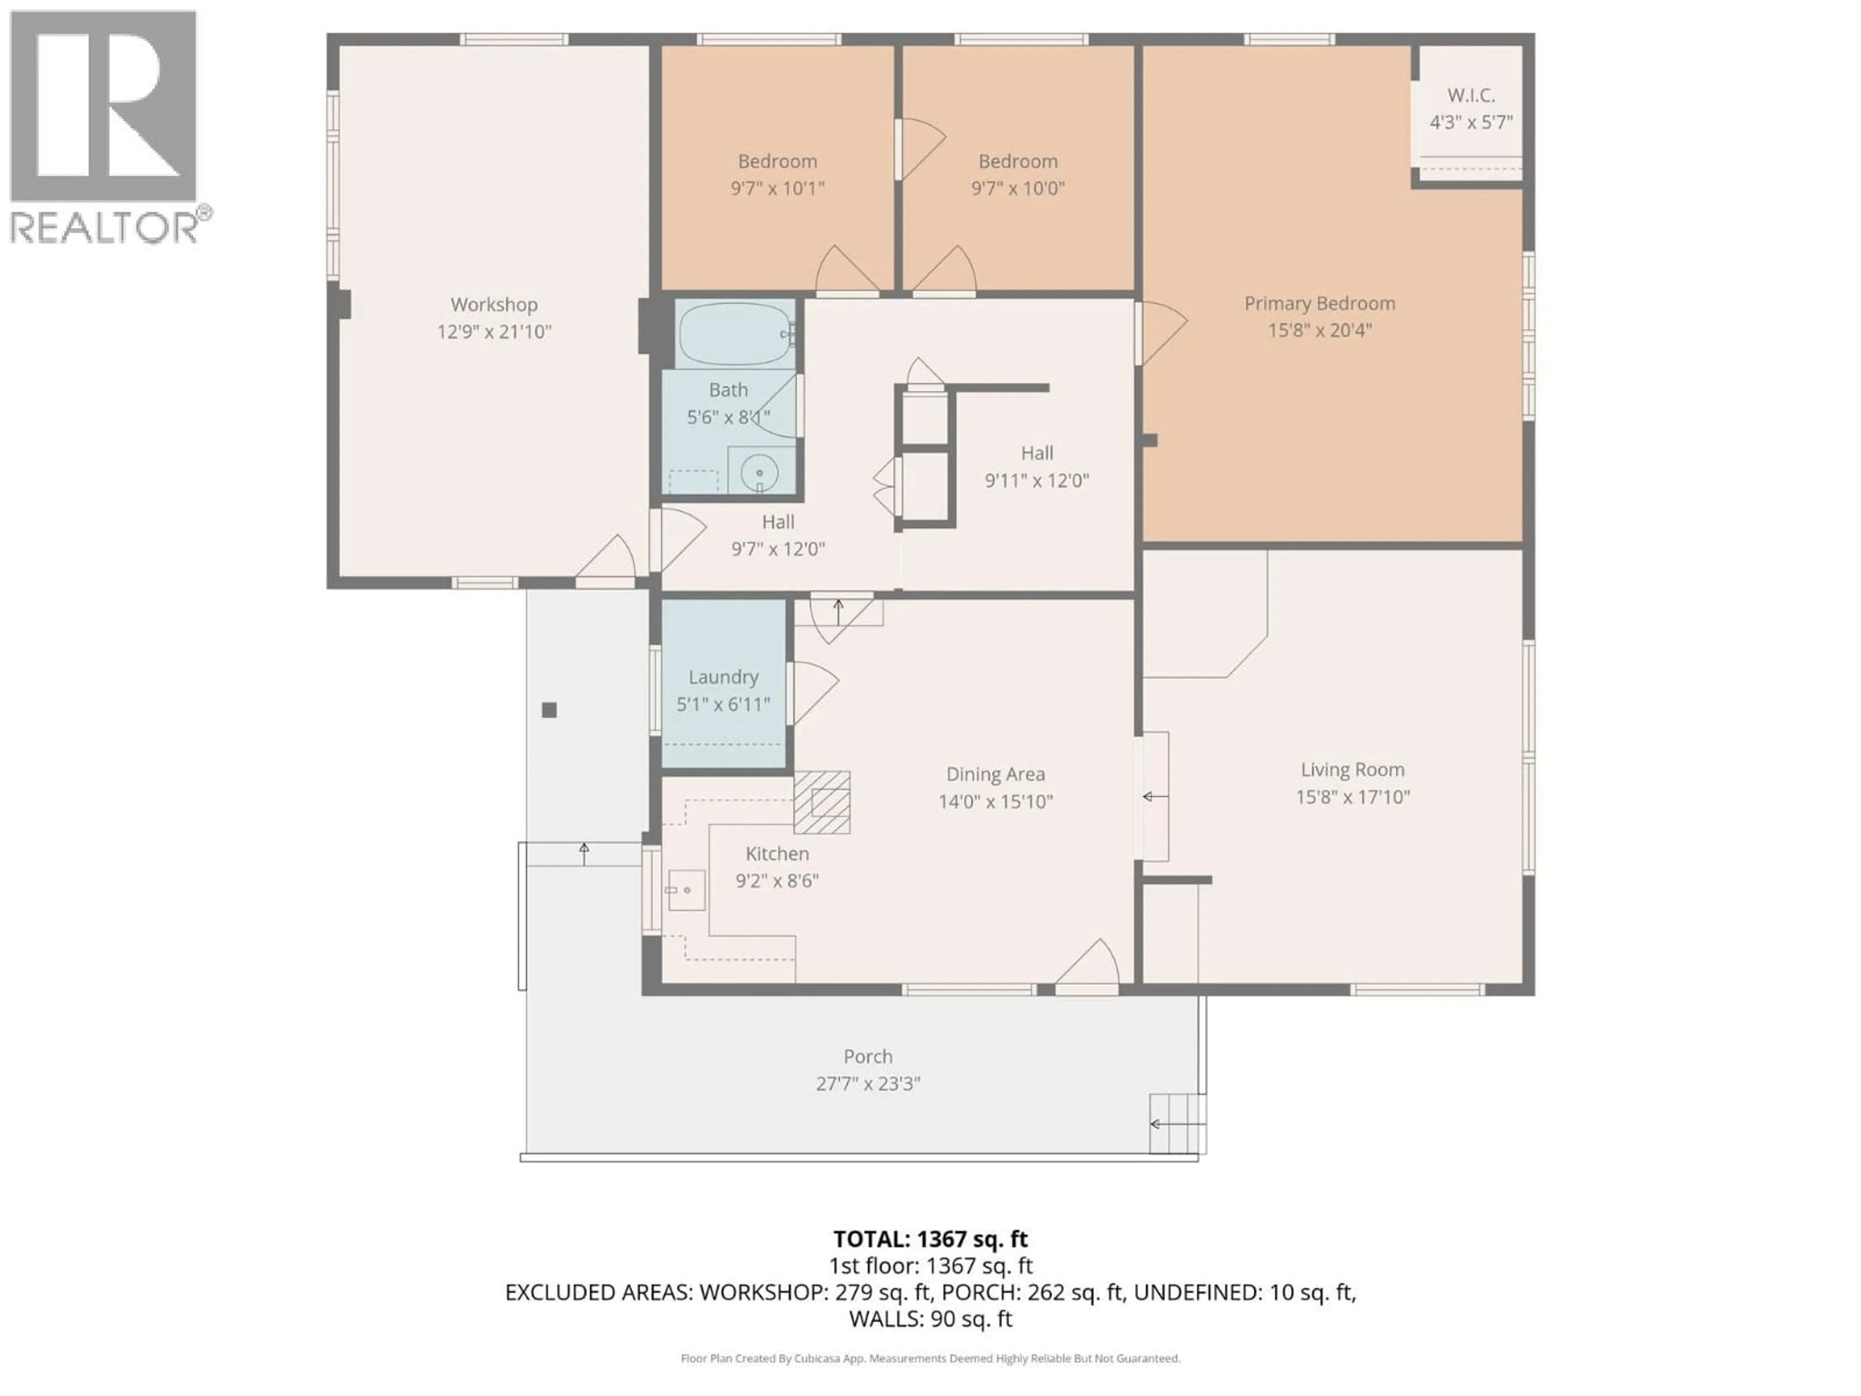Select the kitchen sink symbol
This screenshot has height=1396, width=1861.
[x=686, y=890]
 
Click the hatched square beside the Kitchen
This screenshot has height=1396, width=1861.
[x=822, y=802]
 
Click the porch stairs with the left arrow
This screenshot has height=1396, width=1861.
[x=1177, y=1124]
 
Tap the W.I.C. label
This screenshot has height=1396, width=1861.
[x=1471, y=95]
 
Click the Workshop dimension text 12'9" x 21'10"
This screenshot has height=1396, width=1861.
[x=494, y=332]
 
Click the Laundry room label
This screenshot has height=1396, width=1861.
[x=723, y=677]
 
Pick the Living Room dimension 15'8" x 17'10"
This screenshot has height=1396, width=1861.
[x=1352, y=797]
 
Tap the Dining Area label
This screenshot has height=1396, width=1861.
[x=995, y=774]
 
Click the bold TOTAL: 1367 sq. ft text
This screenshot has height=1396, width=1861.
[x=930, y=1238]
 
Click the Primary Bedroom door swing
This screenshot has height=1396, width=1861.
[x=1161, y=333]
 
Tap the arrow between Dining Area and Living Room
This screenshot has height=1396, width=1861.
[x=1154, y=796]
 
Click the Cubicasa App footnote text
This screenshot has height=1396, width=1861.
[x=930, y=1358]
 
